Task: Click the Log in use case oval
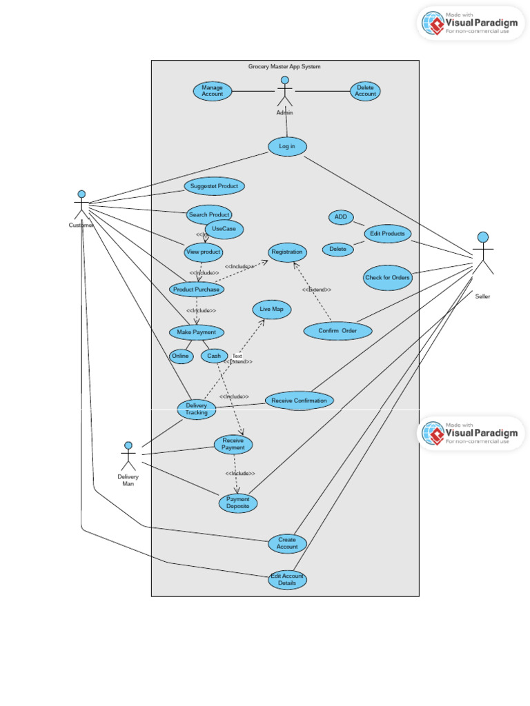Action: [x=287, y=146]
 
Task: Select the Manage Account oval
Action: [x=213, y=91]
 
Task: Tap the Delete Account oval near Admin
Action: [x=365, y=91]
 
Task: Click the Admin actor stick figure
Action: [x=284, y=92]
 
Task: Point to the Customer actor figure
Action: [x=81, y=205]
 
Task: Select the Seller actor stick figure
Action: [x=483, y=255]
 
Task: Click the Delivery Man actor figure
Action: [x=128, y=456]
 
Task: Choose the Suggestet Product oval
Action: [x=215, y=186]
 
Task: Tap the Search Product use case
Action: [x=209, y=215]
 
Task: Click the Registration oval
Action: [x=287, y=252]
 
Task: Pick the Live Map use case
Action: [x=272, y=310]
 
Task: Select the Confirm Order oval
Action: [x=337, y=331]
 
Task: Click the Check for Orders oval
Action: [x=387, y=278]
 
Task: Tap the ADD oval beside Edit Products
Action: [x=341, y=217]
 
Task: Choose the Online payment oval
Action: [x=181, y=356]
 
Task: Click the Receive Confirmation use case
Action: [x=300, y=401]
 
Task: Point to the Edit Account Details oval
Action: [x=287, y=579]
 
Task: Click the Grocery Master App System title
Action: [x=284, y=67]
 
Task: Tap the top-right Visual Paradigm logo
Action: [x=471, y=23]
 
